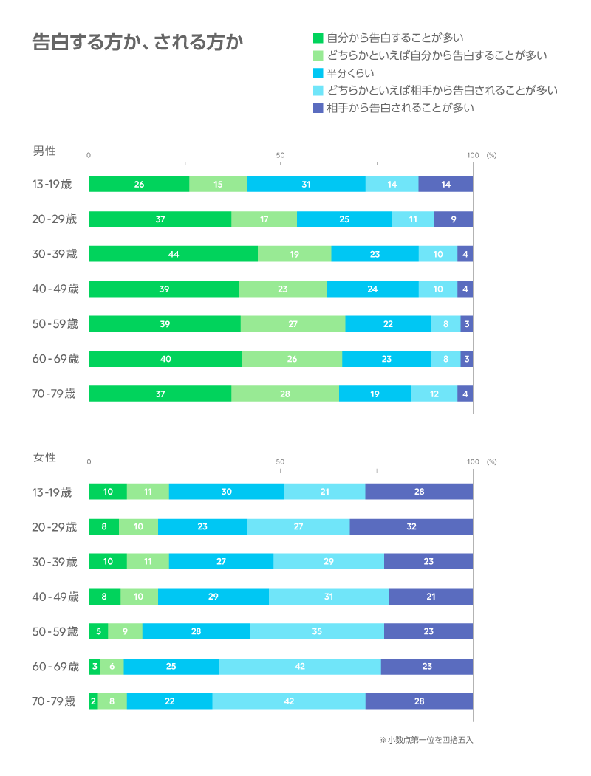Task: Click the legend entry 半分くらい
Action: tap(350, 72)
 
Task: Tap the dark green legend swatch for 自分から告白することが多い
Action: tap(318, 38)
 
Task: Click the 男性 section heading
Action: tap(44, 151)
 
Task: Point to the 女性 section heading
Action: tap(44, 458)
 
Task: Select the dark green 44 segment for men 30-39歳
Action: tap(174, 254)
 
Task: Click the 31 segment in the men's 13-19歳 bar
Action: tap(306, 185)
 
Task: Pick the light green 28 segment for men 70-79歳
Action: tap(285, 394)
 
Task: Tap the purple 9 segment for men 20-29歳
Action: tap(453, 219)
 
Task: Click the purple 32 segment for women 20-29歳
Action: tap(411, 527)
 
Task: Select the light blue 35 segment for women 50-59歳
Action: tap(317, 632)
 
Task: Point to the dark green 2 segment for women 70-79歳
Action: tap(93, 701)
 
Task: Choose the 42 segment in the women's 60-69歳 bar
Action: tap(299, 667)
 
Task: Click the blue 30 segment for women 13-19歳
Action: tap(226, 492)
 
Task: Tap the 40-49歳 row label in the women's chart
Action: tap(55, 597)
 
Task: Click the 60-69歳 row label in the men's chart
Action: tap(55, 359)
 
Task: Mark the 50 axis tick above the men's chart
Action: tap(281, 155)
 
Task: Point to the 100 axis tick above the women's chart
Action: tap(473, 461)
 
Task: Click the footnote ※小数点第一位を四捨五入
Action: tap(426, 739)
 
